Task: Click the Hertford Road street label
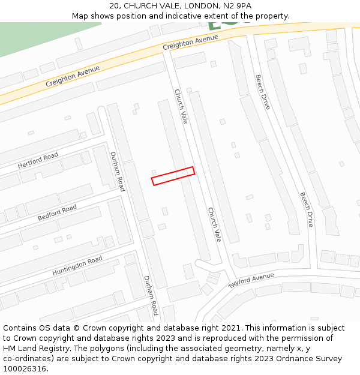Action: click(x=38, y=160)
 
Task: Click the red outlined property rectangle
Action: click(x=173, y=176)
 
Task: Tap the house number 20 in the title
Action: click(x=115, y=6)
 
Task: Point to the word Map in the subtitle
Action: click(x=80, y=16)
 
